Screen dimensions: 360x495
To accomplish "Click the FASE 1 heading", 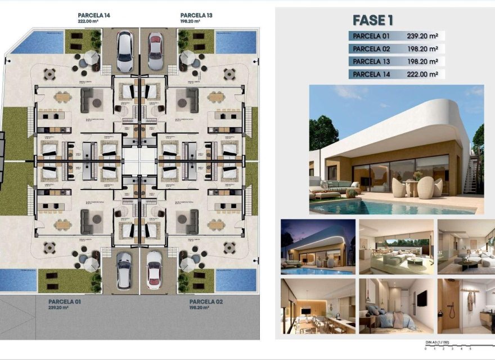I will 372,20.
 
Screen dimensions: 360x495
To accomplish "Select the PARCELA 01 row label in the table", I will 370,35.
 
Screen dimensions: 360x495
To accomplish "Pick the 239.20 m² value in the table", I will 422,35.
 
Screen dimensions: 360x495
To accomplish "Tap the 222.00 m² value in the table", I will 422,74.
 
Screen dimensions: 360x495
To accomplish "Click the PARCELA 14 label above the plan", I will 94,15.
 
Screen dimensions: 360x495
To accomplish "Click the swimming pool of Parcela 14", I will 37,43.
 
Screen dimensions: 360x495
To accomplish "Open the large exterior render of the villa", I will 396,149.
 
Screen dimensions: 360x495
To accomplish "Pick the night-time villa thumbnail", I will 318,246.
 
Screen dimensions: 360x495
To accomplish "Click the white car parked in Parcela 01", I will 124,270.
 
